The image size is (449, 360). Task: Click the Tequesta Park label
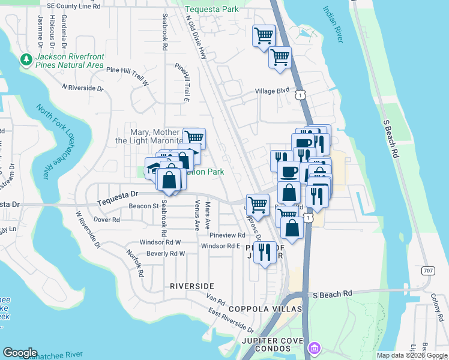[211, 9]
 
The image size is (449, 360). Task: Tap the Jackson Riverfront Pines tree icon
[26, 59]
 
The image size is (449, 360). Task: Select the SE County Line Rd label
[73, 5]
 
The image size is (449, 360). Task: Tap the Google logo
[20, 353]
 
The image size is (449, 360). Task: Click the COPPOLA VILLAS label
[265, 309]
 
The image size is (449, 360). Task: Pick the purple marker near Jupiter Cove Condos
[314, 348]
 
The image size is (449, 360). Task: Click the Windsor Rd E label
[220, 246]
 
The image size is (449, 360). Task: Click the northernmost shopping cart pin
[264, 36]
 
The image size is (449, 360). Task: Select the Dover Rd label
[107, 220]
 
